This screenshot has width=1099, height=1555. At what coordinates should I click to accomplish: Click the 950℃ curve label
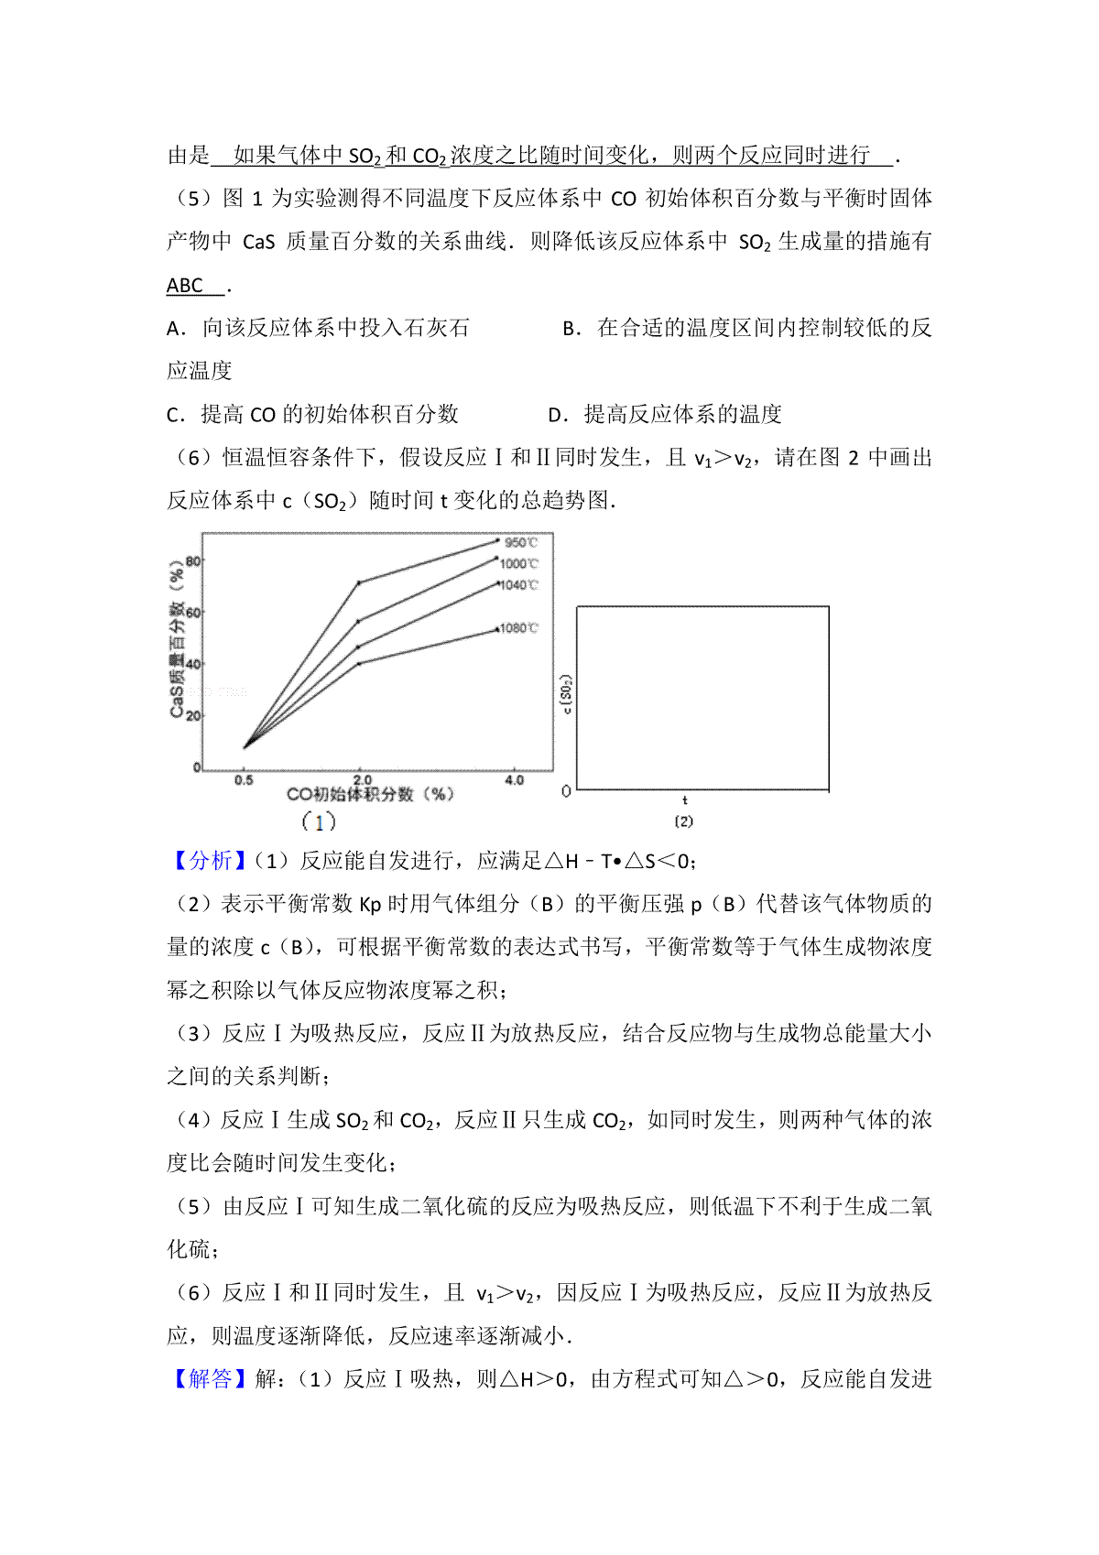click(521, 543)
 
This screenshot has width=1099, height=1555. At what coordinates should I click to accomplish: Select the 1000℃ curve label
click(519, 564)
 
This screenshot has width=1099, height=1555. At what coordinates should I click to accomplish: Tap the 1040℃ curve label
click(519, 585)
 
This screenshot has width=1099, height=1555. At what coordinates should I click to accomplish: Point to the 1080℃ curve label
click(519, 628)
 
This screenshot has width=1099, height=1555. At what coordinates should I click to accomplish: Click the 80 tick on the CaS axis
click(193, 561)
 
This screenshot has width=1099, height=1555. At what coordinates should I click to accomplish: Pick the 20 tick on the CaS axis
click(193, 716)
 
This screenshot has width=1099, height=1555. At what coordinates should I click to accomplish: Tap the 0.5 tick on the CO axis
click(244, 781)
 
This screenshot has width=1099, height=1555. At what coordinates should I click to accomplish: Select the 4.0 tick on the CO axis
click(514, 781)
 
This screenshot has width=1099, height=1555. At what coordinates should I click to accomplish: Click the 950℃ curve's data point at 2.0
click(358, 582)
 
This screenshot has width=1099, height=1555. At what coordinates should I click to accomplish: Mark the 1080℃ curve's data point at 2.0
click(358, 663)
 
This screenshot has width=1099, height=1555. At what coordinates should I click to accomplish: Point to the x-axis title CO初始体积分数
click(370, 795)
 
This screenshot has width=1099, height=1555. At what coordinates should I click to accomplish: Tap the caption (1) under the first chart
click(319, 821)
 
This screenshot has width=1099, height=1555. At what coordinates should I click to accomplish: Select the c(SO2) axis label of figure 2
click(568, 695)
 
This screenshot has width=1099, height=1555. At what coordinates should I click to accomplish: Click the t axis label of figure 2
click(685, 801)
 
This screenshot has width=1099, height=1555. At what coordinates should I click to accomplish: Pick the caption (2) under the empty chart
click(684, 821)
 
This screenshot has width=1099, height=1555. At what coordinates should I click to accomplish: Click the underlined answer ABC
click(185, 286)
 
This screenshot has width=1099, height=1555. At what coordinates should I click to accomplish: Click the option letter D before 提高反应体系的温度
click(554, 415)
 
